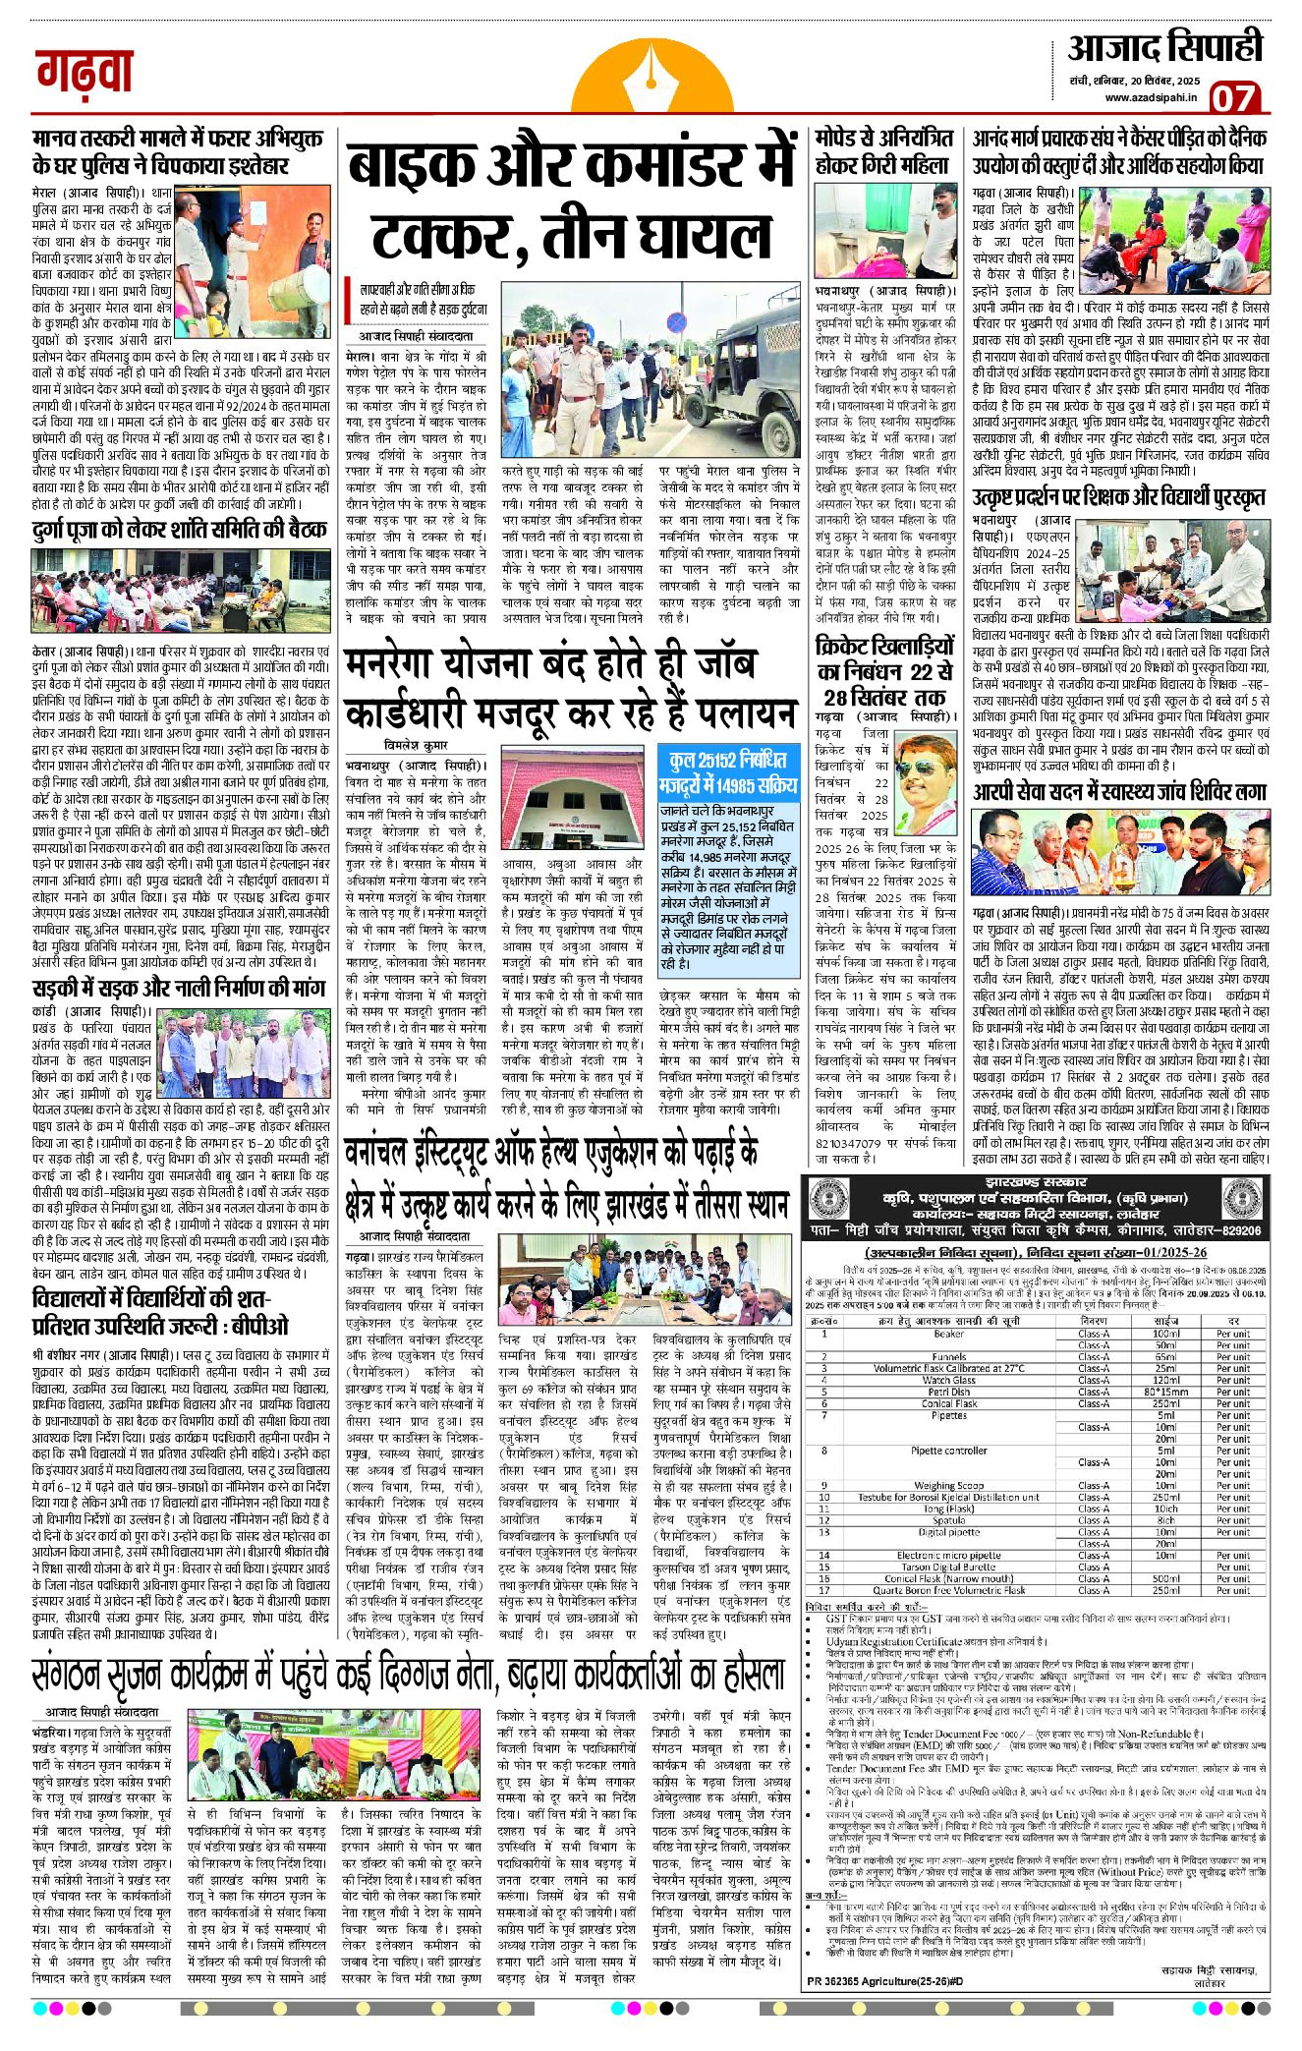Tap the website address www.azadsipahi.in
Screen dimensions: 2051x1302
point(1151,97)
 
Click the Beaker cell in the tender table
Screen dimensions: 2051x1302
point(948,1334)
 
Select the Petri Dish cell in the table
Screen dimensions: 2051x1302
point(948,1392)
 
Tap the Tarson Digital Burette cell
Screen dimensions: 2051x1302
point(948,1567)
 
